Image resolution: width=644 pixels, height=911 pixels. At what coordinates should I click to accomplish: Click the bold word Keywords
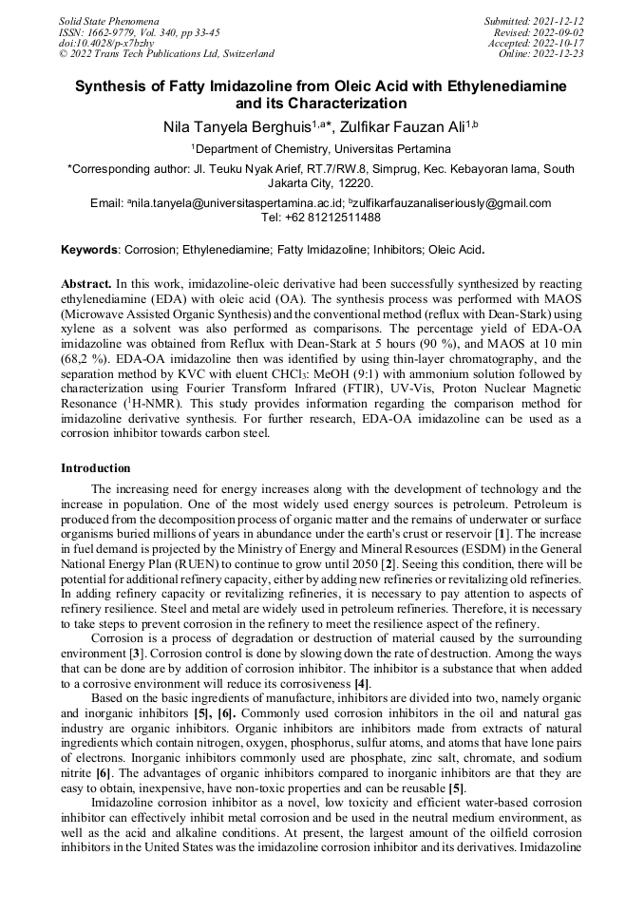tap(88, 251)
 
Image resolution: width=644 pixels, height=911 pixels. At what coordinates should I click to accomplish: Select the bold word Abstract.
tap(86, 284)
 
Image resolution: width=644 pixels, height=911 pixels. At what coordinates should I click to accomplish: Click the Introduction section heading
tap(96, 468)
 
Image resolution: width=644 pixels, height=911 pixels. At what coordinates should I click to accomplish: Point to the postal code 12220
tap(350, 183)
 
